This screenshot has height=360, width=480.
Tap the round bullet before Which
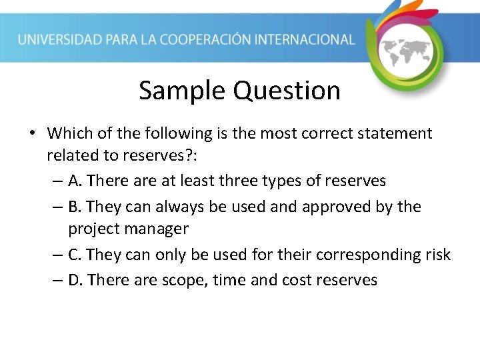32,134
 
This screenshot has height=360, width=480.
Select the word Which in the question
67,133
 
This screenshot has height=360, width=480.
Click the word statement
395,133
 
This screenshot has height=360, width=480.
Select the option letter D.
75,280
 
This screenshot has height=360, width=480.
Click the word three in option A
231,181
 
